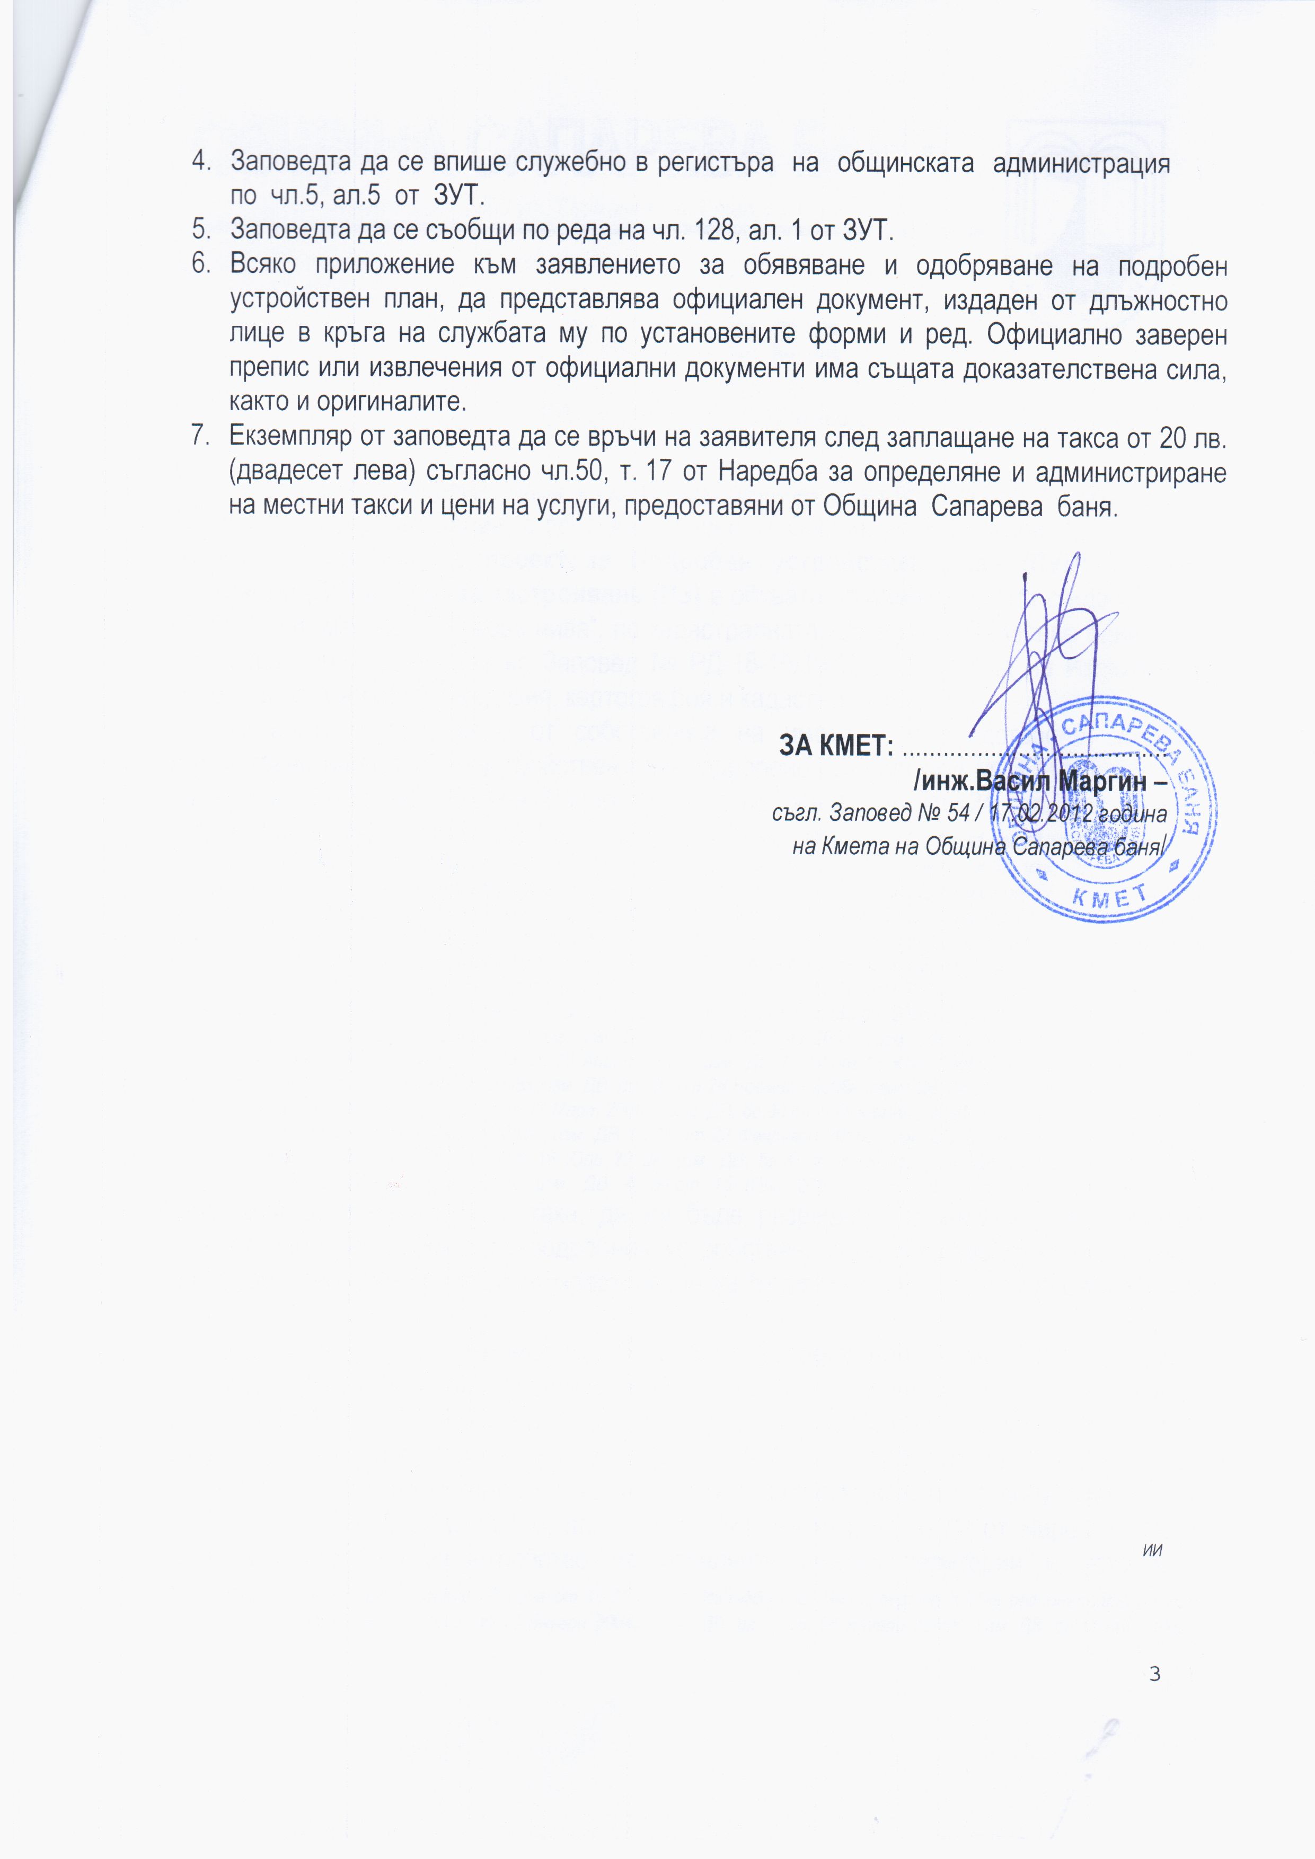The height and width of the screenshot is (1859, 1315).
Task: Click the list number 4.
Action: click(x=199, y=163)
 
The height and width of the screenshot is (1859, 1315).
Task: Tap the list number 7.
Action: click(x=199, y=437)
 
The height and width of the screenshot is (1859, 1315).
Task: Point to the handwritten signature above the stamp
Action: click(x=1045, y=648)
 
